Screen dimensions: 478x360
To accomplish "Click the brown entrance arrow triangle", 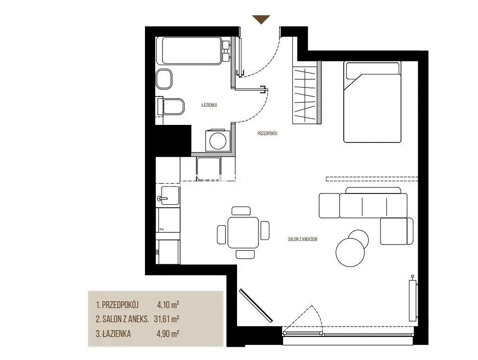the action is coord(261,19).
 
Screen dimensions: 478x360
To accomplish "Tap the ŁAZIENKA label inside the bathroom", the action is coord(209,105).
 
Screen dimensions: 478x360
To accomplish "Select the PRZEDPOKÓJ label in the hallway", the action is coord(267,133).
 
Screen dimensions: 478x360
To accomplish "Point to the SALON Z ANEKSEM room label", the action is coord(302,239).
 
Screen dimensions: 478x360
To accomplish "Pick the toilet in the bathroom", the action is coord(170,106).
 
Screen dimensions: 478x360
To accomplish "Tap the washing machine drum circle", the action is coord(217,141).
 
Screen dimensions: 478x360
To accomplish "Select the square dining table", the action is coord(243,232).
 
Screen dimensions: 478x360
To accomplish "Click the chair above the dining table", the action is coord(241,211).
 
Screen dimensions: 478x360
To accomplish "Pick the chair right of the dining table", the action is coord(265,230).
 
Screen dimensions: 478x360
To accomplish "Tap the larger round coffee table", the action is coord(350,252).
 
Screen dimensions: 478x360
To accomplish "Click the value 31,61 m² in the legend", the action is coord(167,319).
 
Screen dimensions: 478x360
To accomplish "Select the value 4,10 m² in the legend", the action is coord(168,304).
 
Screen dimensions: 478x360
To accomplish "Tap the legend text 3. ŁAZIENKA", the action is coord(114,334).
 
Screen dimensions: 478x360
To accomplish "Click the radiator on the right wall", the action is coord(412,298).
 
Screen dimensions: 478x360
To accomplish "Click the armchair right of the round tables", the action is coord(397,231).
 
